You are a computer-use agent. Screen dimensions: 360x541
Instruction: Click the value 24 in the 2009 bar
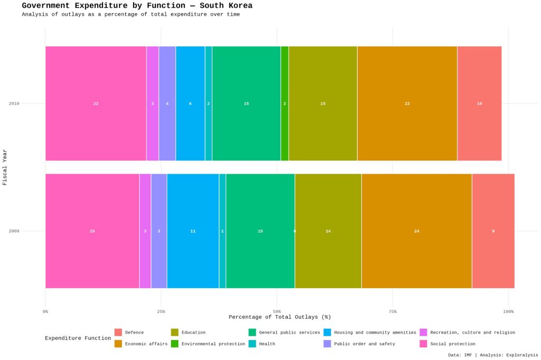(416, 231)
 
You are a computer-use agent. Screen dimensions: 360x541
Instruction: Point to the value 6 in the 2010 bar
(190, 103)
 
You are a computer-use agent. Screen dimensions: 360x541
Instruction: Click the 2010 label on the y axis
(14, 103)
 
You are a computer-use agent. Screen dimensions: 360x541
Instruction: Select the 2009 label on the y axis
(14, 231)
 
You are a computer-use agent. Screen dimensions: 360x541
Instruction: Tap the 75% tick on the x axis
(393, 312)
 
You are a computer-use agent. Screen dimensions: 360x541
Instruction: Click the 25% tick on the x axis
(161, 312)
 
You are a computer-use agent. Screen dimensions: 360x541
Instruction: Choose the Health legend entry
(267, 344)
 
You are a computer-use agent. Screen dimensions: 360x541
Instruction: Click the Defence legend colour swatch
(118, 333)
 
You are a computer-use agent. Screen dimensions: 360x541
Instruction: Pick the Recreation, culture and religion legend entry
(472, 333)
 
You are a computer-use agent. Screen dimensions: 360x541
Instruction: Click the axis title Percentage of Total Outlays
(279, 317)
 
